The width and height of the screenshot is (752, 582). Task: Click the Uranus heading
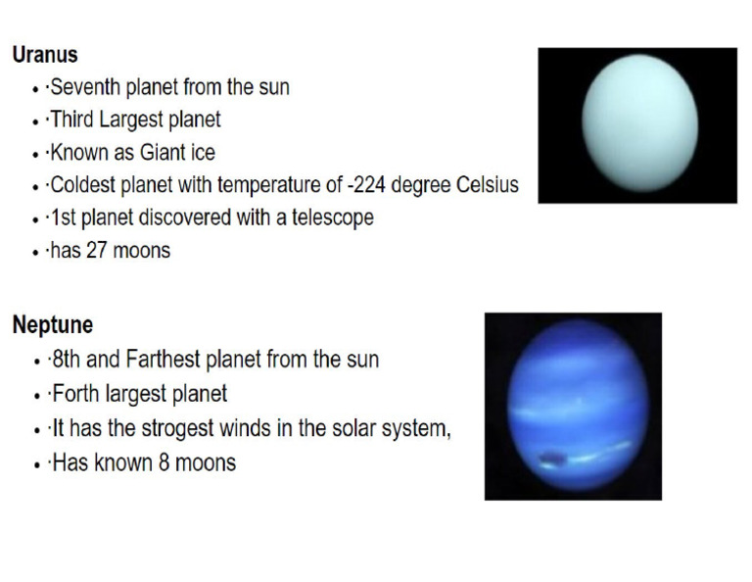point(45,55)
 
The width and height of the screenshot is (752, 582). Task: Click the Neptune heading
point(53,324)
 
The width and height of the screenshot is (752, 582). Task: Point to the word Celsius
point(484,185)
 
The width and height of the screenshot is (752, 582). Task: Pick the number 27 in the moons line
point(97,251)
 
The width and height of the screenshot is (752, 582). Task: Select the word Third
point(72,120)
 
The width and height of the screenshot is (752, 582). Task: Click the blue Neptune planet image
point(574,406)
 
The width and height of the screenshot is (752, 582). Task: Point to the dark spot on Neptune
point(551,456)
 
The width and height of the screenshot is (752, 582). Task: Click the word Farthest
point(164,360)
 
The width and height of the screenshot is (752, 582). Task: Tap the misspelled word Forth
point(74,395)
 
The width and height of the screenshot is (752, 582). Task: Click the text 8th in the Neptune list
point(66,360)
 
